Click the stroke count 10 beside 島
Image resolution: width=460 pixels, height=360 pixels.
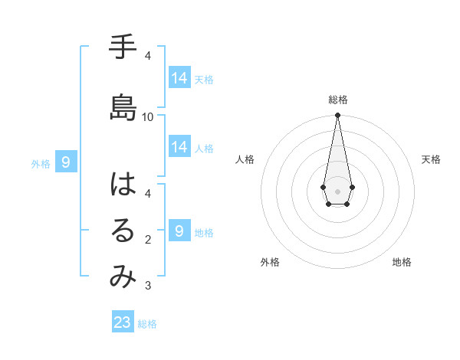(x=148, y=117)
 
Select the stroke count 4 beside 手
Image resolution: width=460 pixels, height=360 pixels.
(x=148, y=56)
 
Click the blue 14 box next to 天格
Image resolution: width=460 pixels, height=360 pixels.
(x=179, y=78)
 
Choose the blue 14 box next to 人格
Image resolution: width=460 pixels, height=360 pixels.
(x=179, y=147)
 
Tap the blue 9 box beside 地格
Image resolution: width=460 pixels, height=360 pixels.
(x=179, y=231)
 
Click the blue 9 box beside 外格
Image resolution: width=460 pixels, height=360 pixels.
(x=67, y=162)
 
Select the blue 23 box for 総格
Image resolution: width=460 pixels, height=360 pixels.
(x=123, y=322)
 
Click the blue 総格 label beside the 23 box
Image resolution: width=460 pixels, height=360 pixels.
(x=148, y=324)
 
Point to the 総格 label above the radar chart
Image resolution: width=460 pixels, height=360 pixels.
(x=338, y=100)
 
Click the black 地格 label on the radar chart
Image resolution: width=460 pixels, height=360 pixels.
(x=402, y=263)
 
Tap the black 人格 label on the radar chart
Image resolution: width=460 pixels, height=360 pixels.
(x=245, y=159)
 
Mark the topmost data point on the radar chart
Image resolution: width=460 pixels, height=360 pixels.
(x=337, y=116)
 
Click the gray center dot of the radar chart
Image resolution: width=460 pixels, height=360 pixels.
(x=337, y=191)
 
